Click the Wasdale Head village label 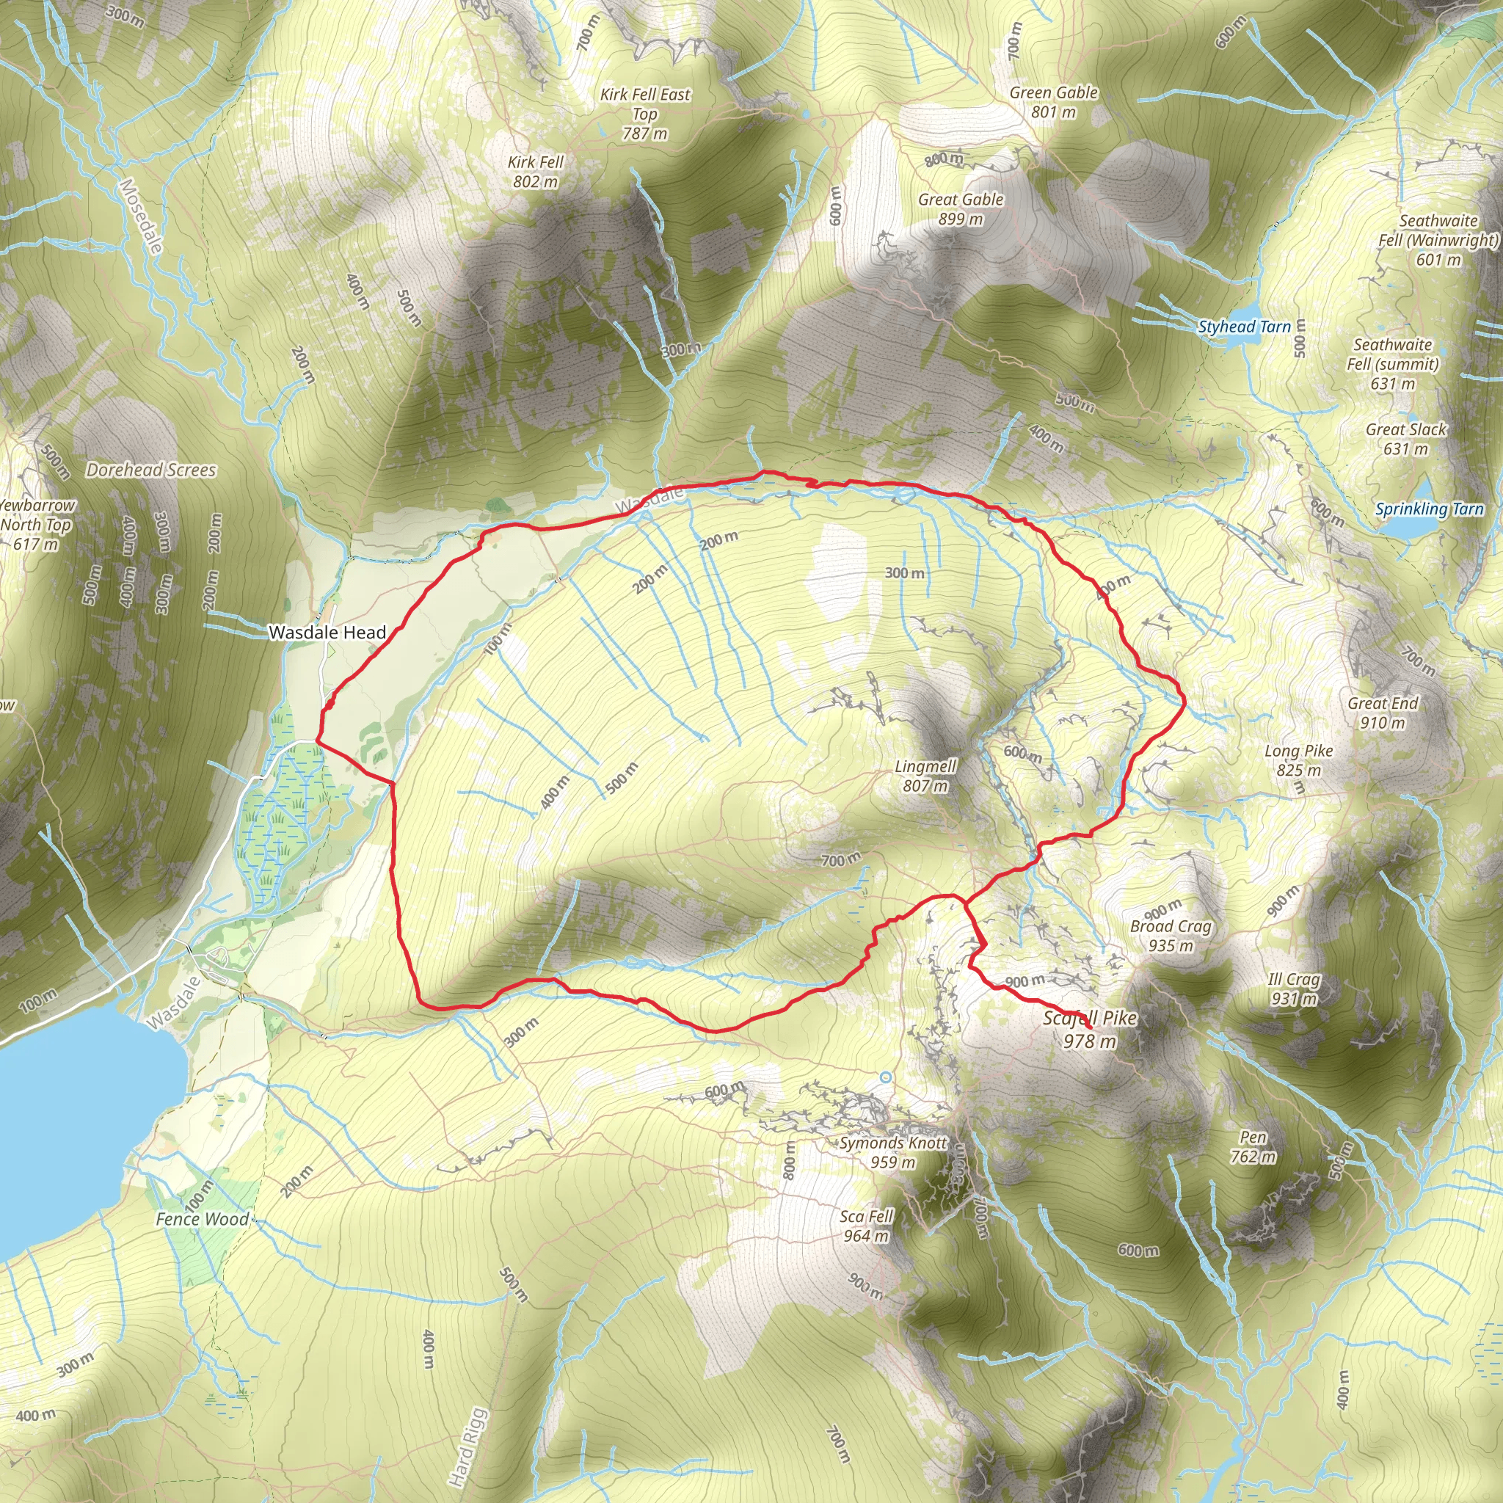pos(327,633)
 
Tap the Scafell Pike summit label pos(1089,1029)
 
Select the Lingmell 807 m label pos(925,776)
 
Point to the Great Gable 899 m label pos(961,208)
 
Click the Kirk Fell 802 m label pos(535,171)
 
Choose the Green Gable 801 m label pos(1053,102)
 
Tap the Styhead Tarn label pos(1244,327)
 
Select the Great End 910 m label pos(1383,713)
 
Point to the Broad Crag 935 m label pos(1171,935)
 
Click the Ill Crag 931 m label pos(1294,988)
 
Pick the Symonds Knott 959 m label pos(893,1152)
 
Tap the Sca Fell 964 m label pos(867,1226)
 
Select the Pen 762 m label pos(1253,1147)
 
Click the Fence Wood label pos(203,1219)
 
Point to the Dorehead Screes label pos(151,470)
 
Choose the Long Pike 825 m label pos(1298,760)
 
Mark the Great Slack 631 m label pos(1405,439)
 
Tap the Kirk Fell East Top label pos(645,114)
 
